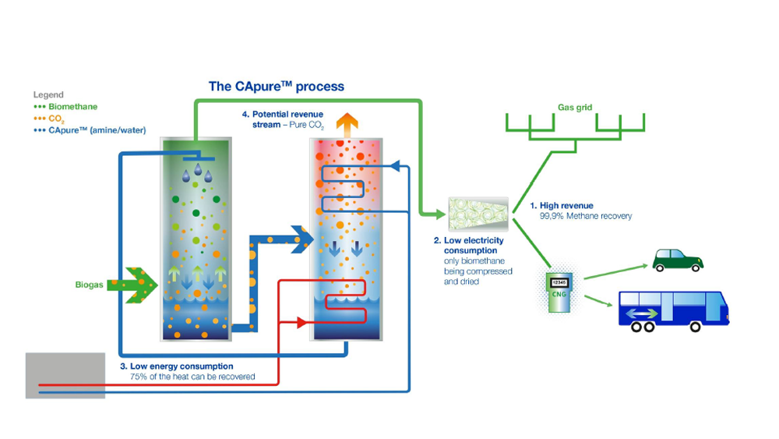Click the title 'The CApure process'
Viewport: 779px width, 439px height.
click(x=276, y=86)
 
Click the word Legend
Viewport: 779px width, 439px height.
click(x=48, y=95)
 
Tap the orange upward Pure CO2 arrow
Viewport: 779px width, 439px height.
click(x=346, y=124)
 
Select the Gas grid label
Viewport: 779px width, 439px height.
click(x=575, y=108)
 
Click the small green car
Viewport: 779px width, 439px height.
click(x=677, y=260)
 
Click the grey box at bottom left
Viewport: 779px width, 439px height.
click(x=65, y=375)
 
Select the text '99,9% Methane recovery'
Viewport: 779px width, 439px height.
click(x=586, y=216)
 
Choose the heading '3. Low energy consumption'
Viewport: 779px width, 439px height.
click(x=176, y=366)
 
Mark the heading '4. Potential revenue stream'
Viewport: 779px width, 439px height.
click(x=282, y=119)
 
